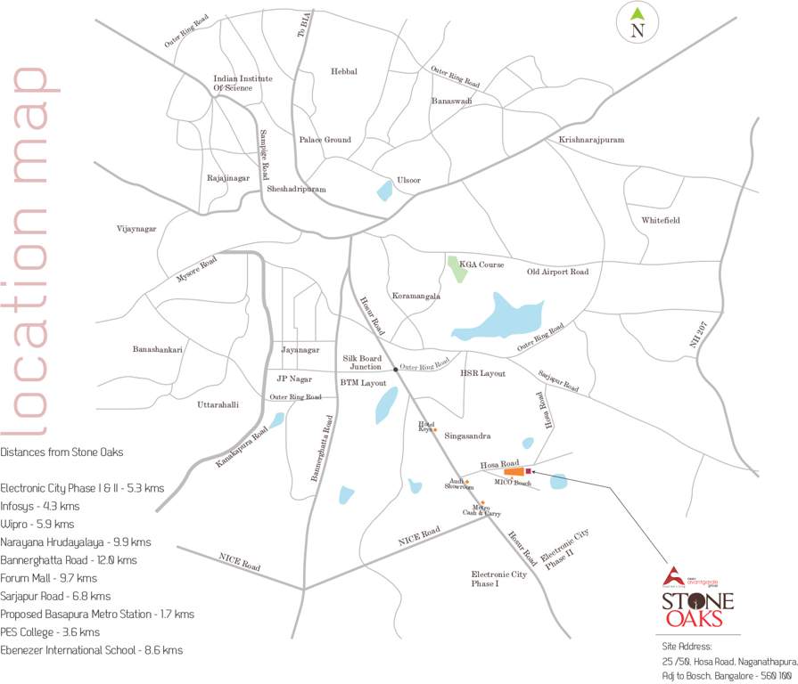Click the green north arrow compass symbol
(x=637, y=14)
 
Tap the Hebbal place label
(x=343, y=71)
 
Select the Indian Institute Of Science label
(x=243, y=83)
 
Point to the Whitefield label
(x=661, y=219)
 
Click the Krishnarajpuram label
(x=591, y=140)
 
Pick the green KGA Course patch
(x=457, y=268)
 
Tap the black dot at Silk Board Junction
(x=395, y=367)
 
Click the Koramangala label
(x=416, y=295)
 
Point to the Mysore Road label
(x=196, y=268)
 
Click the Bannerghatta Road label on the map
(x=322, y=449)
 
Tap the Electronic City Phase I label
(x=499, y=579)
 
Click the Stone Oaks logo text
(x=697, y=609)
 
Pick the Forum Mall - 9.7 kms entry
(x=48, y=578)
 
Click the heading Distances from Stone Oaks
(x=62, y=452)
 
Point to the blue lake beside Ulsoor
(x=385, y=190)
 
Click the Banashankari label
(x=158, y=349)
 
